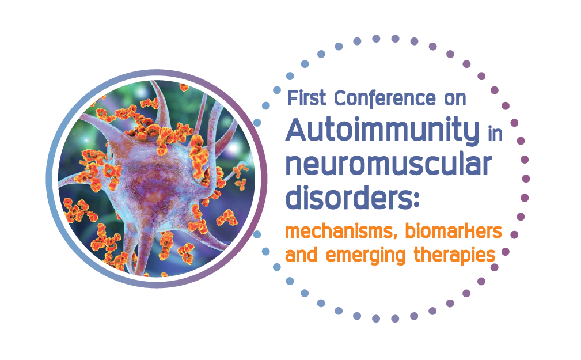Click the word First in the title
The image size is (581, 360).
point(307,98)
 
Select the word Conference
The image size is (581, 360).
point(385,98)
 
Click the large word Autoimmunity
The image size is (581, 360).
point(382,130)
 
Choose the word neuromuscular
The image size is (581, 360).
point(389,165)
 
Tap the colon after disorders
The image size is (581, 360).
point(415,200)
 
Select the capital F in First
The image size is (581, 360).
point(293,98)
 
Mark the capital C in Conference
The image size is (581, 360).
point(341,98)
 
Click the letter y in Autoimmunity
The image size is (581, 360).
point(470,134)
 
